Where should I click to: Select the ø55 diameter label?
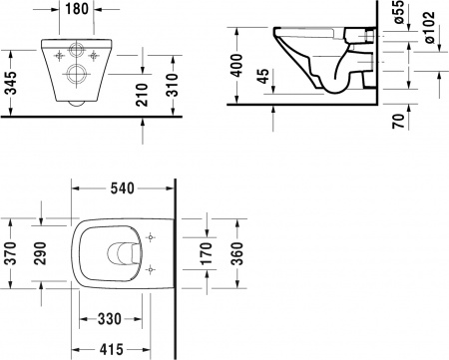pyautogui.click(x=394, y=13)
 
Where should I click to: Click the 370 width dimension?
pyautogui.click(x=10, y=251)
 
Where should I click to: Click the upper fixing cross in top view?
pyautogui.click(x=151, y=237)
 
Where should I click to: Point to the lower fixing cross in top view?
pyautogui.click(x=151, y=268)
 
